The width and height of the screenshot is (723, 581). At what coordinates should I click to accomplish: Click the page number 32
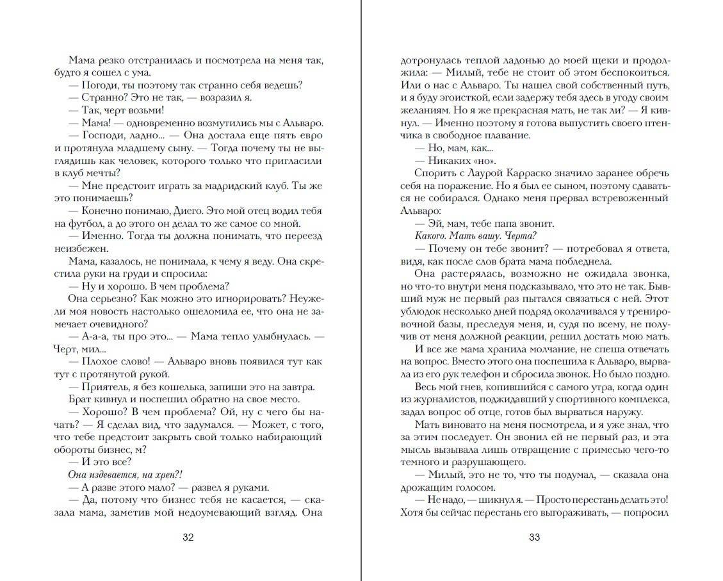click(188, 537)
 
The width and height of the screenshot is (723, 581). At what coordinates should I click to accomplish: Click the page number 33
click(534, 537)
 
